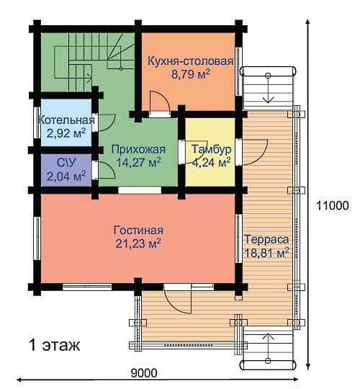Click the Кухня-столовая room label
190,61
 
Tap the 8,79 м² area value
190,74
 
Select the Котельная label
66,120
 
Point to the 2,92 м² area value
66,133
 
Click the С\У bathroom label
66,163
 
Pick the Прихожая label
138,149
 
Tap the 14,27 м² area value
138,162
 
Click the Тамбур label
212,149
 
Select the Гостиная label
138,231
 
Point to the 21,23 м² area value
138,243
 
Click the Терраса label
267,239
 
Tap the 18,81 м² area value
267,253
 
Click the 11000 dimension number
333,205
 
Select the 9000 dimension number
144,373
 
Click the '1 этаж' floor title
55,345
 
